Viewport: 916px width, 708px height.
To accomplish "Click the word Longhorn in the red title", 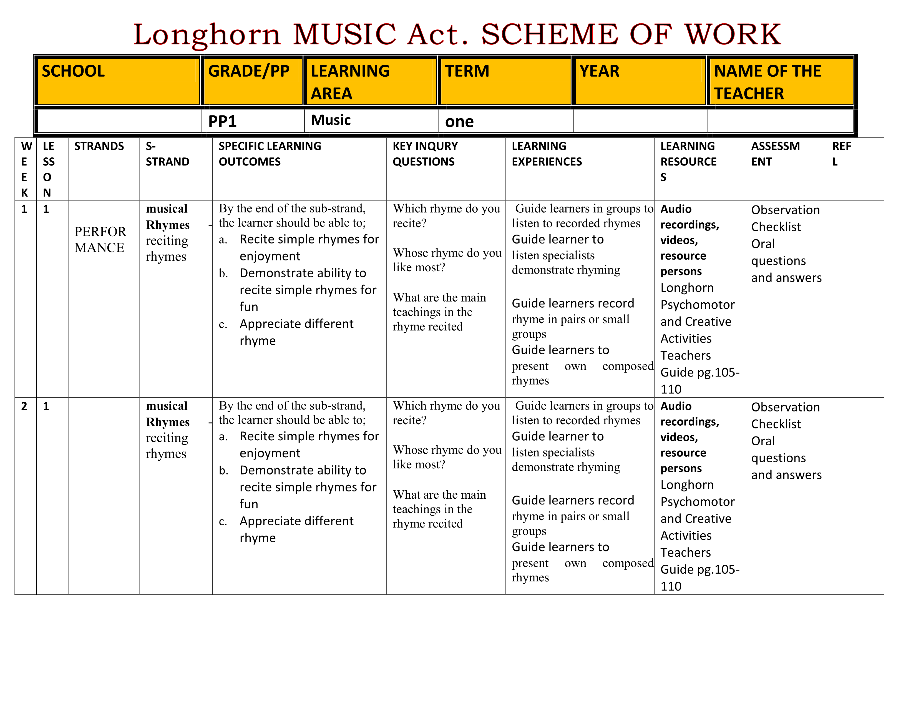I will [206, 35].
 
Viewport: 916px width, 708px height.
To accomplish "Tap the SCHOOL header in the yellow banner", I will [73, 71].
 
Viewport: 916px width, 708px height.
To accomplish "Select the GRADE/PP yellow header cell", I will [249, 71].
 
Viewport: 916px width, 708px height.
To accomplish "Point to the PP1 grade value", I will [223, 122].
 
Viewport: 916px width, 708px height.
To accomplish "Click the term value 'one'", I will [459, 122].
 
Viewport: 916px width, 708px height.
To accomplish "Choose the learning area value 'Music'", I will [331, 120].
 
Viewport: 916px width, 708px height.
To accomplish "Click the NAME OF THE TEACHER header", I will [767, 82].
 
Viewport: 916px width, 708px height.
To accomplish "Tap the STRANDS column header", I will [99, 146].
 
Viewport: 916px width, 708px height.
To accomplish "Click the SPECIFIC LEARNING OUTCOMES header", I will [270, 154].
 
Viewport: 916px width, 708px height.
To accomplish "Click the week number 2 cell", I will [24, 406].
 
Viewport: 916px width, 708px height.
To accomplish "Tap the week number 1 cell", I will [24, 209].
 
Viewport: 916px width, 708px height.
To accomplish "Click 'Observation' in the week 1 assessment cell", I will [785, 210].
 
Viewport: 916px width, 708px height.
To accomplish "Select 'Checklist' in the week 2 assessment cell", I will [776, 424].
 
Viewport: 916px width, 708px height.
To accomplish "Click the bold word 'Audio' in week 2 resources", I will [676, 406].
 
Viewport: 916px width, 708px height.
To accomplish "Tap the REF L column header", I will [841, 154].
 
